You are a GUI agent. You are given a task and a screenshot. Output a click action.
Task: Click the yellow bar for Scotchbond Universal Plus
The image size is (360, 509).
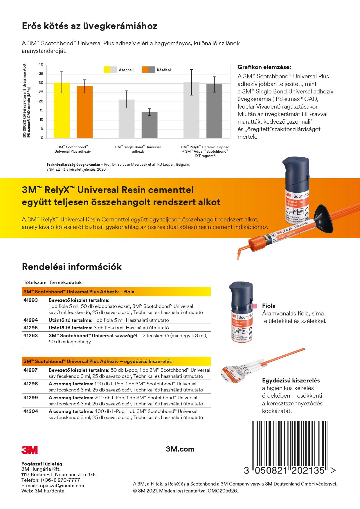62,110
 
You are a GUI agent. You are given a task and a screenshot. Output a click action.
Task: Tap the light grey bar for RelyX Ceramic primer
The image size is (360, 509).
191,110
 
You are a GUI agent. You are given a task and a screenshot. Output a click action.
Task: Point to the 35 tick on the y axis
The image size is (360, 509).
41,74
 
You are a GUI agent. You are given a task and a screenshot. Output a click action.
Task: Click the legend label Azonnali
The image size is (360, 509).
126,70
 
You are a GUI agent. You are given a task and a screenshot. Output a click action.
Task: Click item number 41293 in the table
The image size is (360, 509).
30,300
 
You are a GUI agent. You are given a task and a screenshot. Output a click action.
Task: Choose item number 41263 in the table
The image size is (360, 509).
30,335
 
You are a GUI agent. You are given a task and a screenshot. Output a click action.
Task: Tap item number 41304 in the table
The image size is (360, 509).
30,411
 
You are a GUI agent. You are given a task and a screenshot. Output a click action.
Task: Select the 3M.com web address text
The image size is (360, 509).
180,449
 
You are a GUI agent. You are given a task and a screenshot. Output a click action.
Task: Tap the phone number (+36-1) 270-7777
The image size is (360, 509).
58,480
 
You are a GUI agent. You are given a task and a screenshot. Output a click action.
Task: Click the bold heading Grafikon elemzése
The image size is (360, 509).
264,67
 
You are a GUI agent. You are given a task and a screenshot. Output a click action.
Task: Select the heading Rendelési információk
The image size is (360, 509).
72,267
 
